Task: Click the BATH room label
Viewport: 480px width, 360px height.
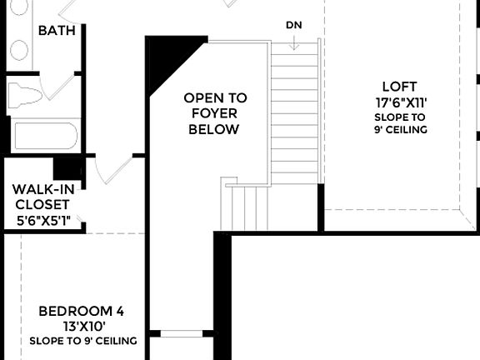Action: pyautogui.click(x=57, y=31)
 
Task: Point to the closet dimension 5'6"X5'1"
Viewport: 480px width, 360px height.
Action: pyautogui.click(x=47, y=221)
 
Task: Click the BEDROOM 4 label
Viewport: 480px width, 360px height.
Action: pyautogui.click(x=82, y=311)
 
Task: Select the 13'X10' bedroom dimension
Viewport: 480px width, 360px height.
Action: pyautogui.click(x=82, y=326)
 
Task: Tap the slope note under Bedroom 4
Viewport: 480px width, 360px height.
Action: pyautogui.click(x=82, y=340)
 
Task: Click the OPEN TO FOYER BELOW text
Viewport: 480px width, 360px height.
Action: pyautogui.click(x=215, y=113)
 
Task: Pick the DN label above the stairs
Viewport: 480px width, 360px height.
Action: pyautogui.click(x=293, y=24)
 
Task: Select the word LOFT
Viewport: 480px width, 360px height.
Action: pyautogui.click(x=398, y=87)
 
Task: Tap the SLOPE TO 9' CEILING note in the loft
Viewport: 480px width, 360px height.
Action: pyautogui.click(x=400, y=123)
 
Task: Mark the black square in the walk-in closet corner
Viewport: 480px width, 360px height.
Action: pyautogui.click(x=67, y=167)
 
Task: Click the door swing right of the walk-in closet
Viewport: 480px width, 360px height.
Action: pyautogui.click(x=108, y=171)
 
